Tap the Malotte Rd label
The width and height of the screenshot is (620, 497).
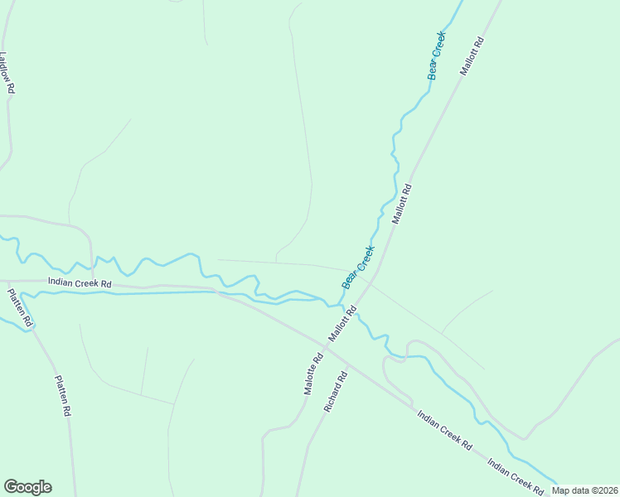coord(312,374)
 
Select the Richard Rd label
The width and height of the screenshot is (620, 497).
coord(335,392)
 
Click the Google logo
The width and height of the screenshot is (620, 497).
coord(27,487)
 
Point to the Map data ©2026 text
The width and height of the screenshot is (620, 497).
coord(585,491)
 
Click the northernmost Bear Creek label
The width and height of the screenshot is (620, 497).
coord(437,56)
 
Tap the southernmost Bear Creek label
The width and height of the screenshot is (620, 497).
coord(359,267)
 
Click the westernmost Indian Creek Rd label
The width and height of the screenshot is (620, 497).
coord(80,282)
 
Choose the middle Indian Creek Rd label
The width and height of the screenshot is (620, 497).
coord(443,431)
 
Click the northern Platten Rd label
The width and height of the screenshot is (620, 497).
coord(19,306)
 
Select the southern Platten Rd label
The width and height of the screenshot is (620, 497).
coord(63,395)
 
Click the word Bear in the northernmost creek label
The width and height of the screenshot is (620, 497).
coord(433,68)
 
